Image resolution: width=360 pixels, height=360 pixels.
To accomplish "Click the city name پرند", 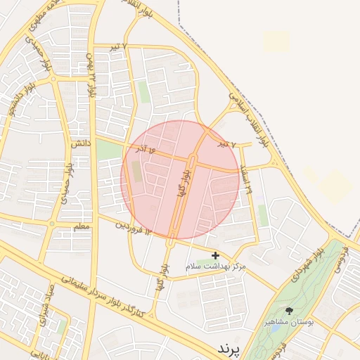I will point(229,349).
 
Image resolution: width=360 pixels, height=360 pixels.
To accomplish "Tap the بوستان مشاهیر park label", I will point(289,322).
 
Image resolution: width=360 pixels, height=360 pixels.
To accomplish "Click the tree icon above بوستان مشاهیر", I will point(289,310).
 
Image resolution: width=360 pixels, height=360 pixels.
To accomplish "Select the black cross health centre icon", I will point(215,256).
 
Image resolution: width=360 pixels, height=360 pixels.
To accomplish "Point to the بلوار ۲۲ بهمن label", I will point(91,74).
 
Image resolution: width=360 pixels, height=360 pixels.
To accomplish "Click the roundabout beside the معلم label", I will point(51,224).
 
